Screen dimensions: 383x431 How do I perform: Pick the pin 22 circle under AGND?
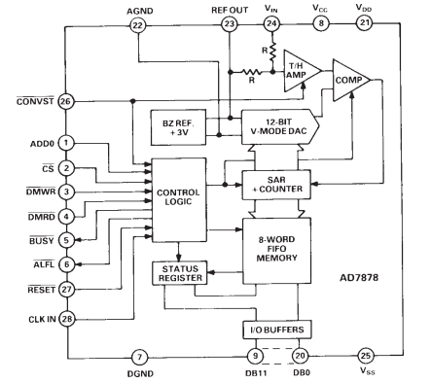(x=136, y=23)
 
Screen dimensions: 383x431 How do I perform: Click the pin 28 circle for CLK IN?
(x=67, y=318)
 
